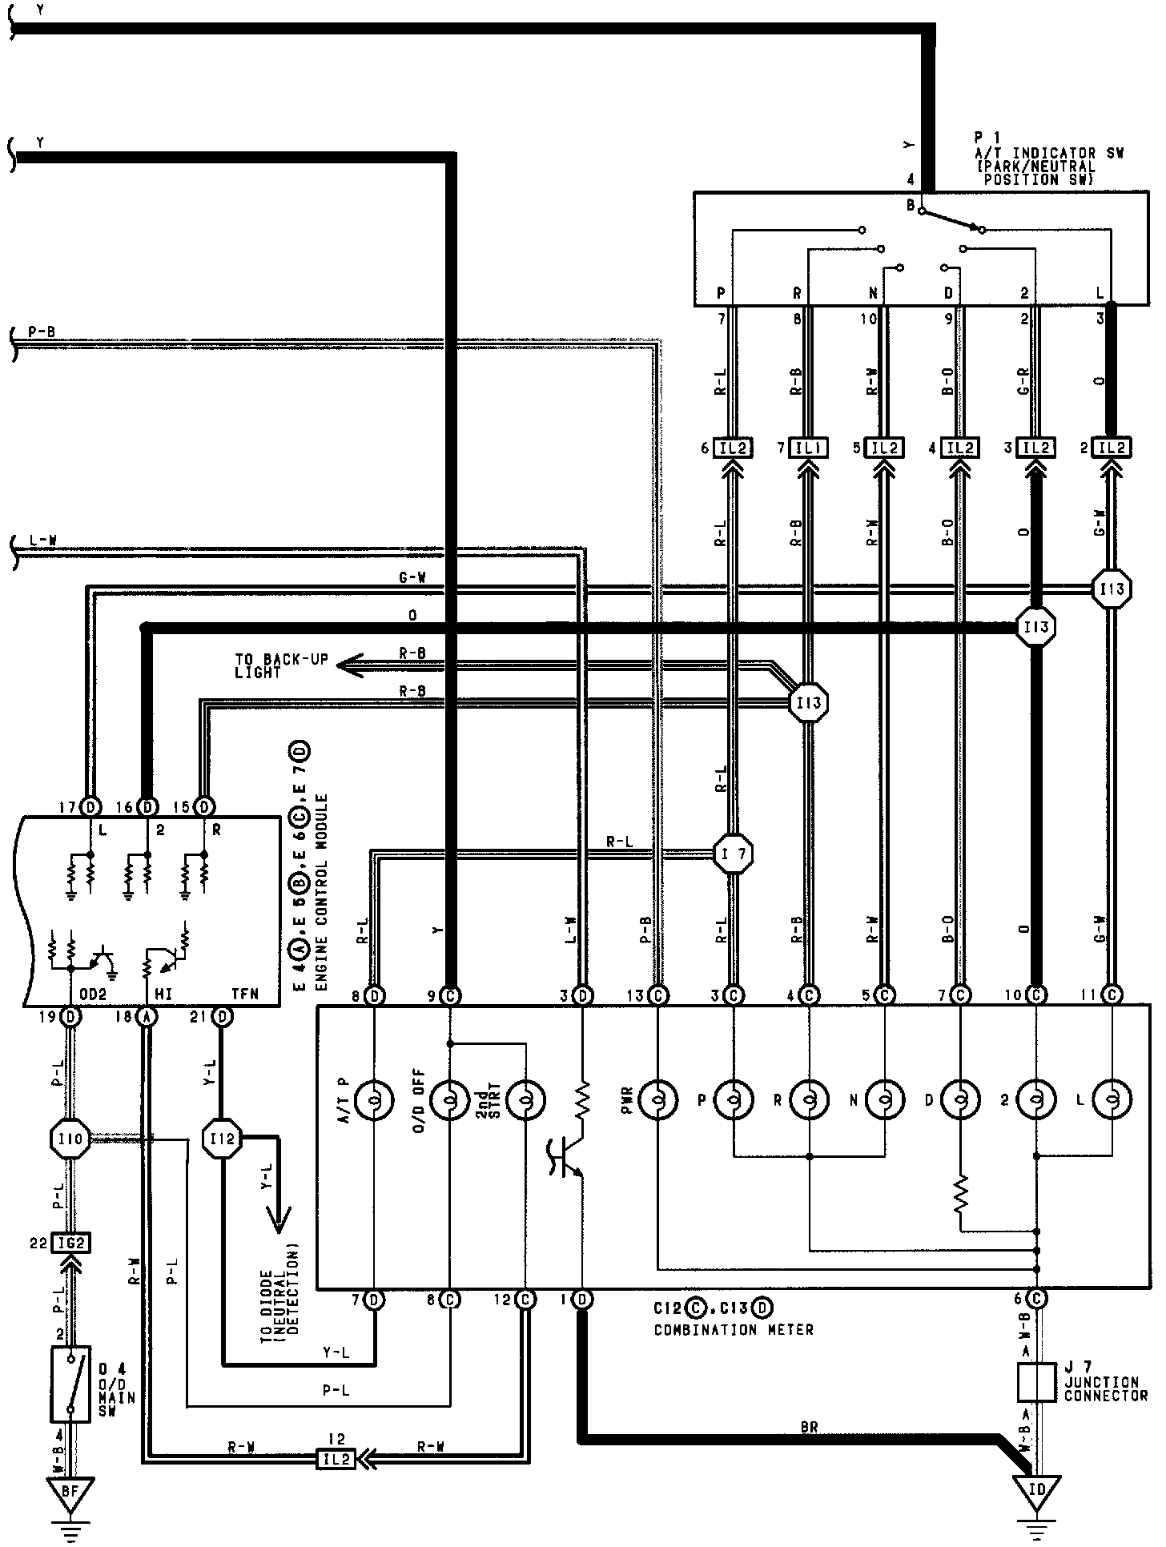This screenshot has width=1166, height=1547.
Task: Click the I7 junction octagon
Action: click(733, 854)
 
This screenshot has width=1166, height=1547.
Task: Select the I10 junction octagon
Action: click(71, 1138)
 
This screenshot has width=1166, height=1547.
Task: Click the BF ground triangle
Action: click(70, 1493)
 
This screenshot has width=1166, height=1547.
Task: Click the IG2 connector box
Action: click(71, 1244)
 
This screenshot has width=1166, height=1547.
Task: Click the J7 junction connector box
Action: click(1036, 1381)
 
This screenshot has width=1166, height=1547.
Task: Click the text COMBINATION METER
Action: click(734, 1330)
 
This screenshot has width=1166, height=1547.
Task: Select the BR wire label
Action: click(809, 1426)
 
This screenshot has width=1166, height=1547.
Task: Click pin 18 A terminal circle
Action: click(147, 1017)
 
